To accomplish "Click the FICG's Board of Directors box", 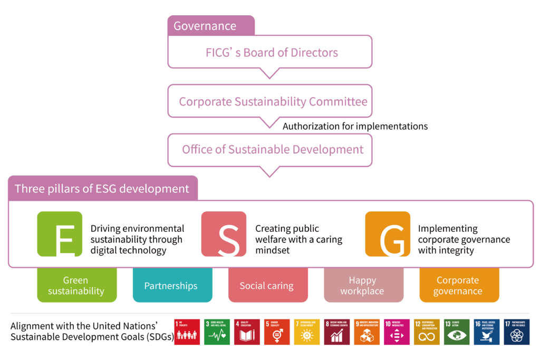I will (x=269, y=52).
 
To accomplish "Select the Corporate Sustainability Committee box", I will (x=269, y=101).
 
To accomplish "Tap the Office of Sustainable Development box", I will (x=269, y=150).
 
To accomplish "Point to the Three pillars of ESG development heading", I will (x=102, y=189).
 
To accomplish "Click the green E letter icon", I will (x=60, y=234).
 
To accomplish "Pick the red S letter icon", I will (x=224, y=234).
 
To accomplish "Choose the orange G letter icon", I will (x=388, y=234).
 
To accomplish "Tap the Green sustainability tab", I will (x=76, y=286).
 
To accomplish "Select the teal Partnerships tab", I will (x=171, y=286).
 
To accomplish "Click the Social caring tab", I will (x=267, y=286).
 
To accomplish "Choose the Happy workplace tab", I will (x=362, y=286).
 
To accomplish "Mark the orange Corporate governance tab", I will (x=458, y=286).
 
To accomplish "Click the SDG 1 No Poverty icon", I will (x=187, y=332).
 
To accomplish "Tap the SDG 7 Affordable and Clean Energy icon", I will (x=307, y=332).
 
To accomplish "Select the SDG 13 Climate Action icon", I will (x=457, y=332).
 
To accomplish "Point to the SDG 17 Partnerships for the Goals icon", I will (x=517, y=332).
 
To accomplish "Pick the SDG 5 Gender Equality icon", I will (x=277, y=332).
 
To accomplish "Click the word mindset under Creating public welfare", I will (x=273, y=250).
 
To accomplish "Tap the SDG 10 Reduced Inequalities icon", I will (x=397, y=332).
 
